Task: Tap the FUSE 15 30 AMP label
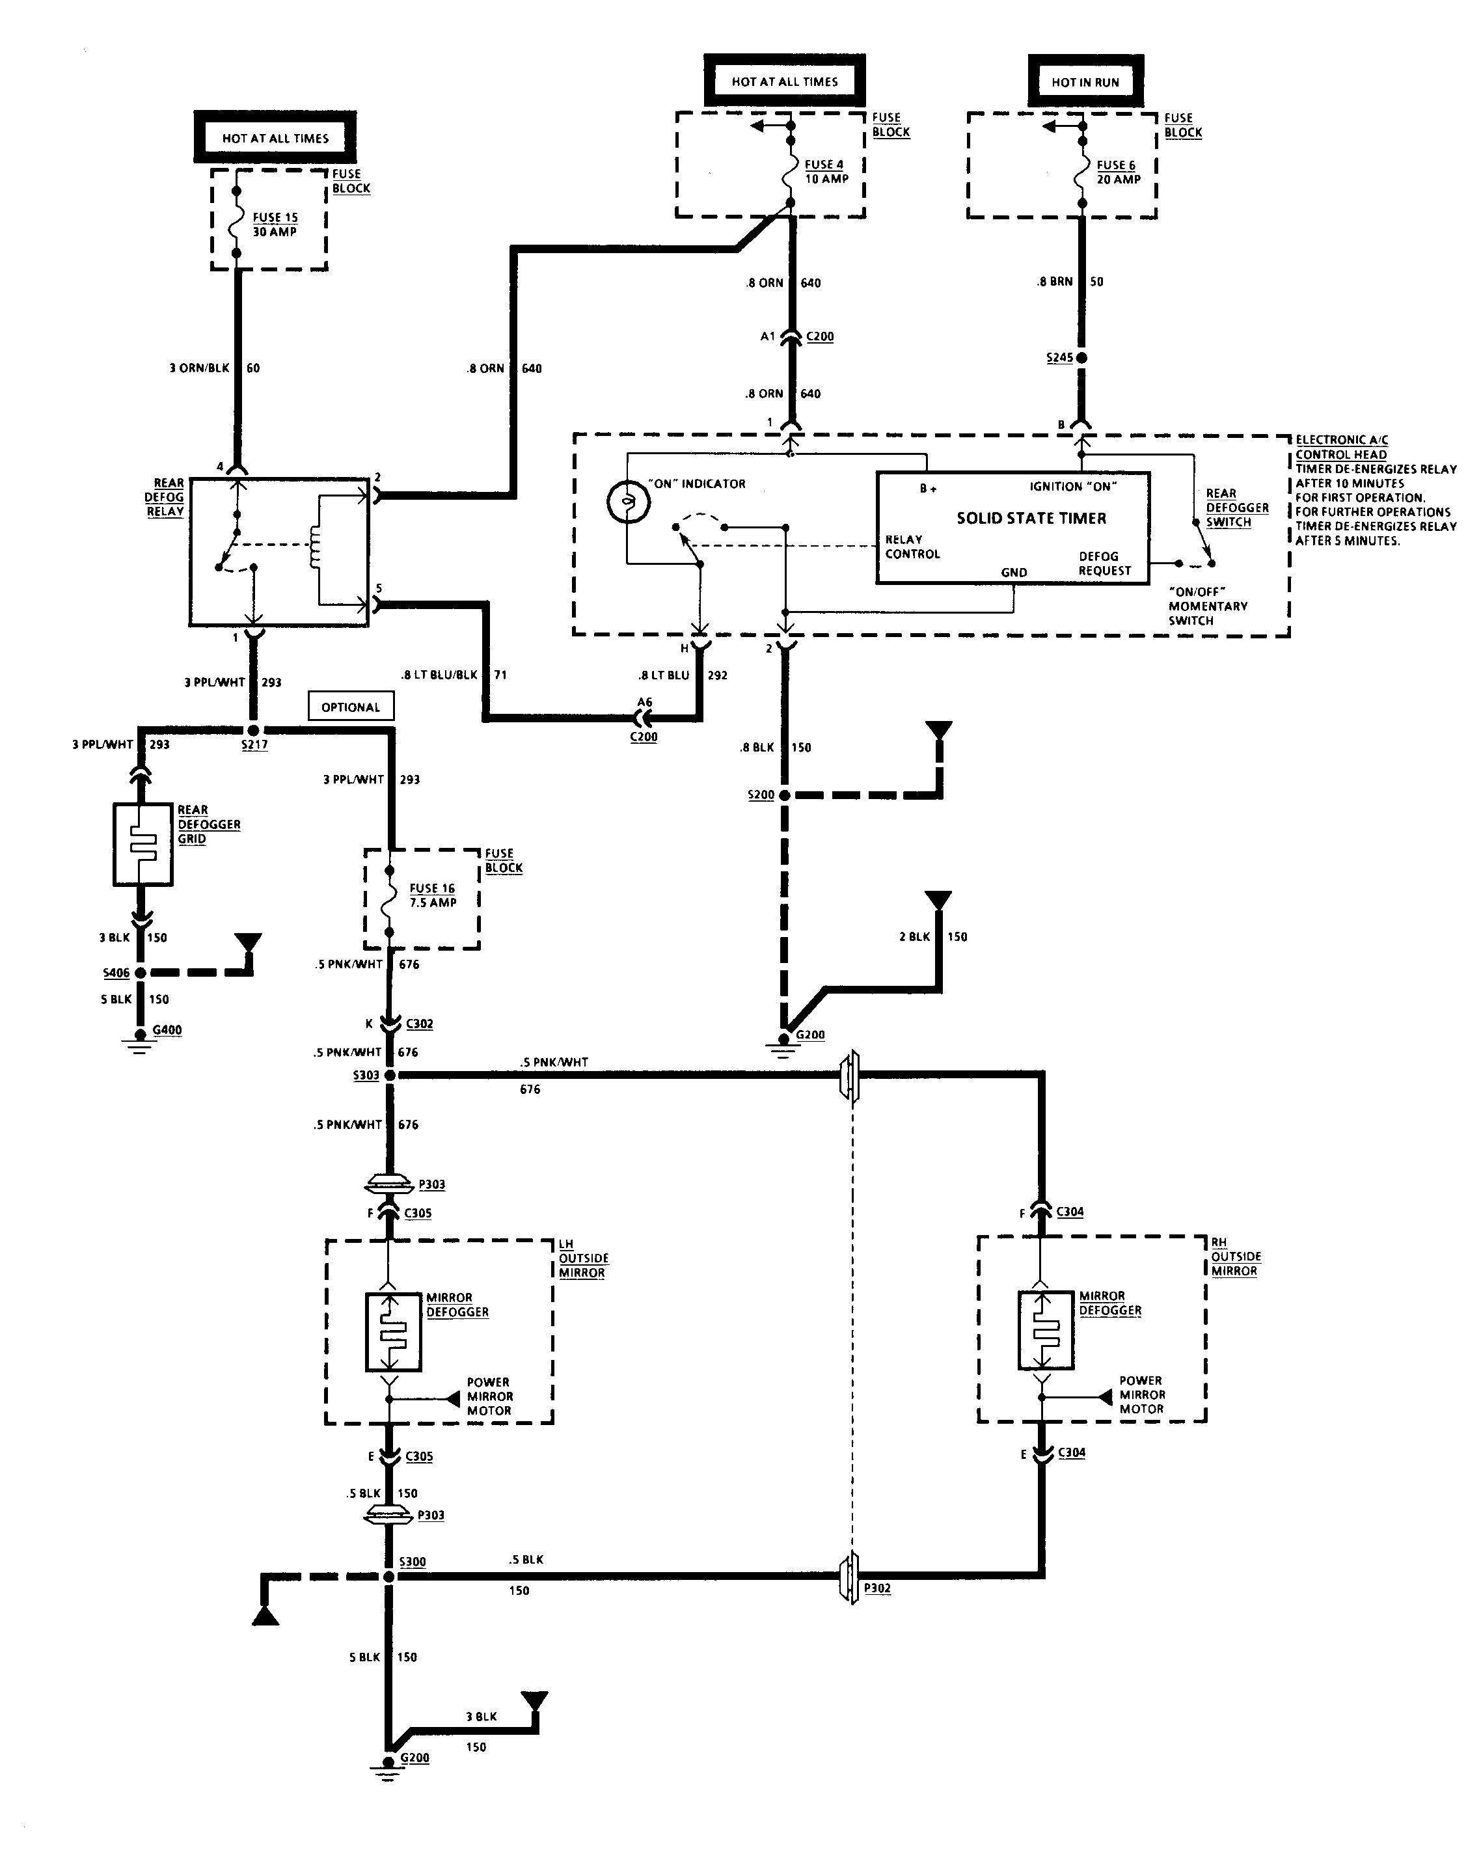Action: click(x=275, y=224)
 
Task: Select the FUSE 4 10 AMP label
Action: click(x=826, y=172)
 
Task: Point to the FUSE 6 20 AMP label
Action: click(x=1119, y=172)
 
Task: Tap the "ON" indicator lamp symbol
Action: click(x=628, y=503)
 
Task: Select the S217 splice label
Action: click(x=254, y=744)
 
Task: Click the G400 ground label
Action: click(x=167, y=1030)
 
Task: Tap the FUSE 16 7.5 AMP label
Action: click(x=433, y=895)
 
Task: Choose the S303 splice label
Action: click(x=366, y=1075)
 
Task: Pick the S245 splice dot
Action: click(x=1081, y=357)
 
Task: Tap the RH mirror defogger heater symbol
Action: click(x=1046, y=1330)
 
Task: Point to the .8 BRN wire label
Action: click(x=1054, y=282)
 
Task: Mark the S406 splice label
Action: click(x=116, y=973)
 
